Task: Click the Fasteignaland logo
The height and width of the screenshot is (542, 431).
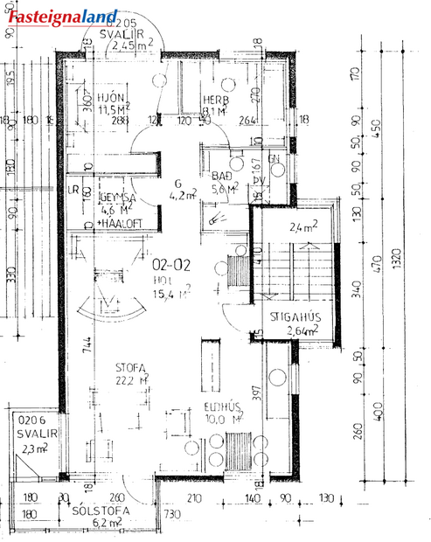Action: click(x=62, y=14)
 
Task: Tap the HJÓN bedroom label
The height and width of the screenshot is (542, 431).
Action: click(x=114, y=97)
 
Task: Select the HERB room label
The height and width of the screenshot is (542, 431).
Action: click(x=215, y=99)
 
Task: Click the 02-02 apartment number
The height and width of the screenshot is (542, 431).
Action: click(x=171, y=262)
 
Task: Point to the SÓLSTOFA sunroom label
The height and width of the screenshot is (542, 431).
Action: click(x=101, y=510)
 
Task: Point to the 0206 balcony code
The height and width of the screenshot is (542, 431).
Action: click(x=30, y=420)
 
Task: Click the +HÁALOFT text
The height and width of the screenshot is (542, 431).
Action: click(x=115, y=222)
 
